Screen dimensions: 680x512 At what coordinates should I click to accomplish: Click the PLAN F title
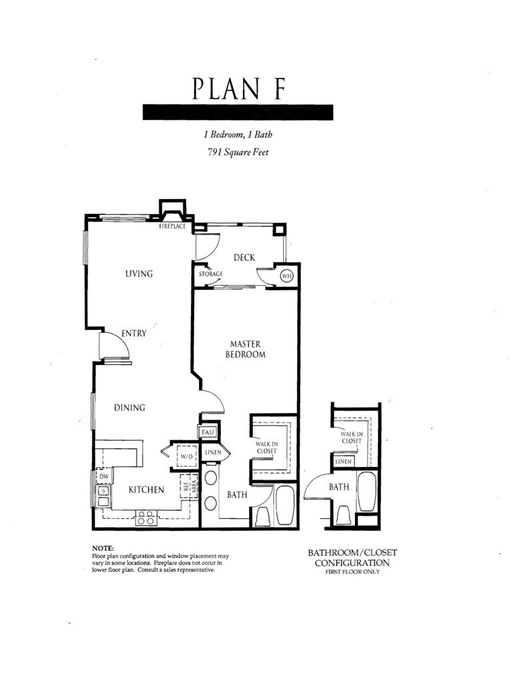pos(238,89)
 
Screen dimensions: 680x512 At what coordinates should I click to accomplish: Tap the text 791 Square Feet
pos(238,152)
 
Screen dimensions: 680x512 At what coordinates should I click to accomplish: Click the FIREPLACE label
pos(172,226)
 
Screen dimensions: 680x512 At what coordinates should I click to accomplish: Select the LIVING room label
pos(138,274)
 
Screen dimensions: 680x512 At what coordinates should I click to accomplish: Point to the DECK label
pos(244,258)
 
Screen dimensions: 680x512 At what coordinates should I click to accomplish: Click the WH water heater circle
pos(287,276)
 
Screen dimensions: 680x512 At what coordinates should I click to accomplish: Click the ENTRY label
pos(133,334)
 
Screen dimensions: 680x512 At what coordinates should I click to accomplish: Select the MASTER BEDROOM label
pos(247,350)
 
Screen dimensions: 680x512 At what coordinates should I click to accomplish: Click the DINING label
pos(129,408)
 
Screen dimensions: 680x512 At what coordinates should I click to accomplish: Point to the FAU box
pos(206,432)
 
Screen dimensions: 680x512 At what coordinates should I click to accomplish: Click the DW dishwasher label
pos(103,477)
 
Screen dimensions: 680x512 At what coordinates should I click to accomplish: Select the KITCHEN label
pos(146,490)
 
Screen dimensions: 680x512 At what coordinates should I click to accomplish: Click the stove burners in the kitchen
pos(146,517)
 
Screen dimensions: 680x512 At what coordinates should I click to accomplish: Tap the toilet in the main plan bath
pos(263,516)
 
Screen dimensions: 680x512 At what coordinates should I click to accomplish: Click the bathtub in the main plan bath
pos(286,506)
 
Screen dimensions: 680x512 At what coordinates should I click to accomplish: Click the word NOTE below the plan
pos(105,548)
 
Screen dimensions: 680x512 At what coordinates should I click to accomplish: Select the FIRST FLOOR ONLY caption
pos(352,572)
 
